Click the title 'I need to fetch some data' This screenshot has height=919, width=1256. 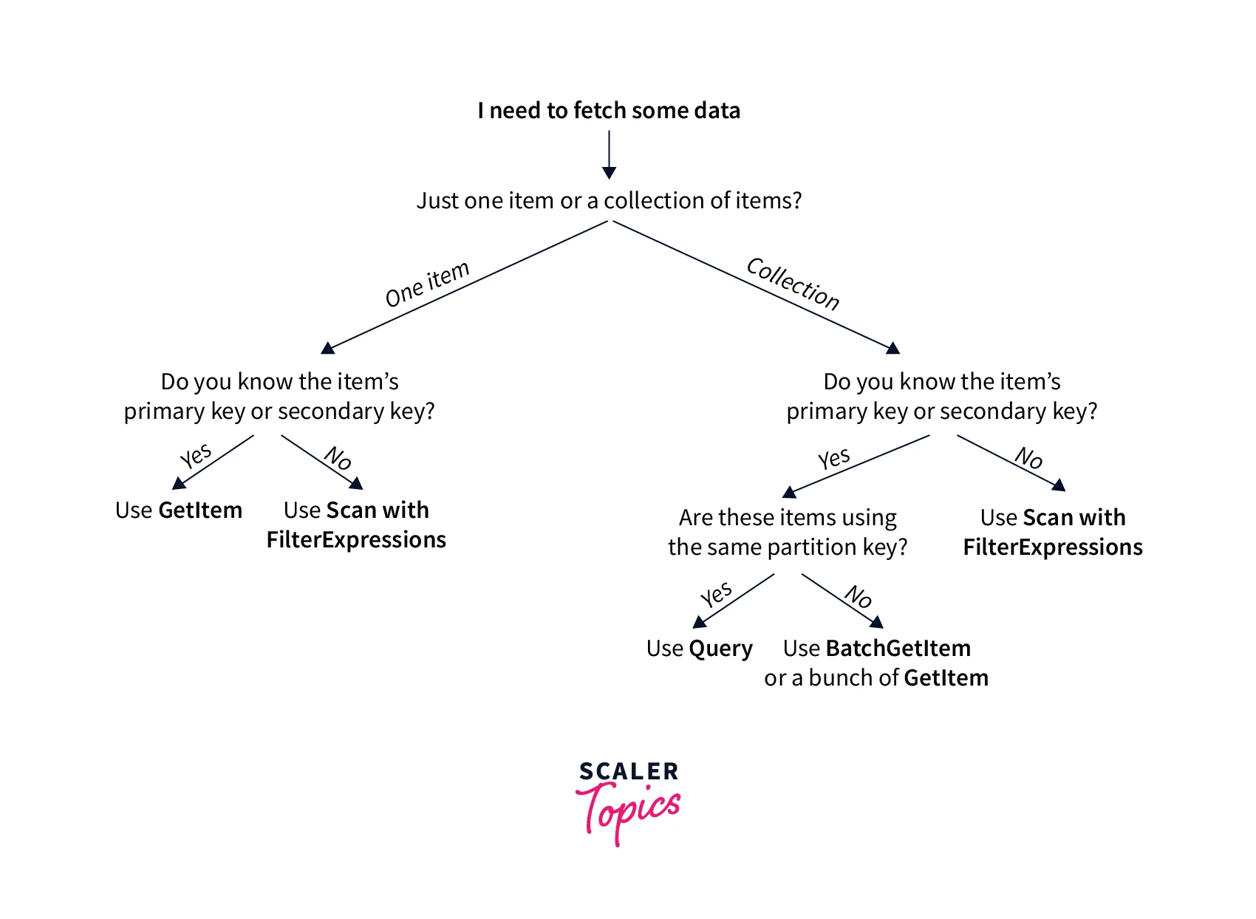(609, 111)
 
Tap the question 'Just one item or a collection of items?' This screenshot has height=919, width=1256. (609, 201)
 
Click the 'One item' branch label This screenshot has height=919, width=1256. (427, 284)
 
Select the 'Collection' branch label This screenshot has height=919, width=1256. (793, 284)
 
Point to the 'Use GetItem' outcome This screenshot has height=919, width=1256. (179, 510)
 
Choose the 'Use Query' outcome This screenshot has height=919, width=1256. (699, 649)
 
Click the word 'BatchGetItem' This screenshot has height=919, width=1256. (898, 649)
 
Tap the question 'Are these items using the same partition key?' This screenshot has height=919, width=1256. (788, 533)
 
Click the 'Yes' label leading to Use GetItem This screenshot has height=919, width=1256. (196, 456)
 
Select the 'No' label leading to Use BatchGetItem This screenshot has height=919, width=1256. (859, 595)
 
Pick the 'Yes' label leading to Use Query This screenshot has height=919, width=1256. (716, 595)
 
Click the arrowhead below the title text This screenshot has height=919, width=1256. (609, 172)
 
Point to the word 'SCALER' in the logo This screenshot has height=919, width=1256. (629, 772)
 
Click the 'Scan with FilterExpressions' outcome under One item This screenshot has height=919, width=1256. (356, 525)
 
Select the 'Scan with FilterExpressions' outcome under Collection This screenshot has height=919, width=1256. (1053, 533)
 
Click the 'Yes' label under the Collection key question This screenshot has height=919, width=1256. (834, 459)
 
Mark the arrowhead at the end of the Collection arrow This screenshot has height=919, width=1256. (893, 348)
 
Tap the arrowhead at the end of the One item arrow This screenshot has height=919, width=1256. (328, 348)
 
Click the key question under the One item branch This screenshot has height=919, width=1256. (279, 397)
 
